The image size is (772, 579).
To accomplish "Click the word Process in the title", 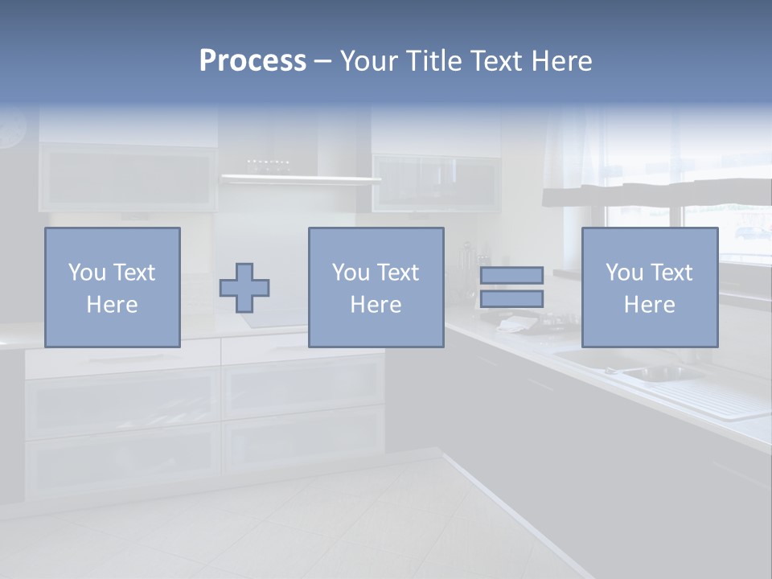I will pyautogui.click(x=253, y=61).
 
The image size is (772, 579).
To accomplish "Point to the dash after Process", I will pyautogui.click(x=322, y=62).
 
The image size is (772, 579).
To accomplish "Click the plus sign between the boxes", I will pyautogui.click(x=244, y=288).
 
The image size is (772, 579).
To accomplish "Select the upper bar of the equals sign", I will pyautogui.click(x=511, y=275).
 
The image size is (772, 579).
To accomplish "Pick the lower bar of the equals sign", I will pyautogui.click(x=511, y=299).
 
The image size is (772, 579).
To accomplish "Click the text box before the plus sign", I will pyautogui.click(x=113, y=287).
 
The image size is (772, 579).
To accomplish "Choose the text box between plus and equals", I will pyautogui.click(x=376, y=287).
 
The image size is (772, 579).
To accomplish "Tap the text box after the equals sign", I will pyautogui.click(x=649, y=287).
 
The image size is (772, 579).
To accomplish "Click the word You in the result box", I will pyautogui.click(x=623, y=273).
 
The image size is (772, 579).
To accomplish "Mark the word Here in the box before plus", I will pyautogui.click(x=112, y=305).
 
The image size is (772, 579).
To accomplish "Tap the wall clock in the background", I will pyautogui.click(x=11, y=129).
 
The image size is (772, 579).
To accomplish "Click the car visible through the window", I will pyautogui.click(x=753, y=232).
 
